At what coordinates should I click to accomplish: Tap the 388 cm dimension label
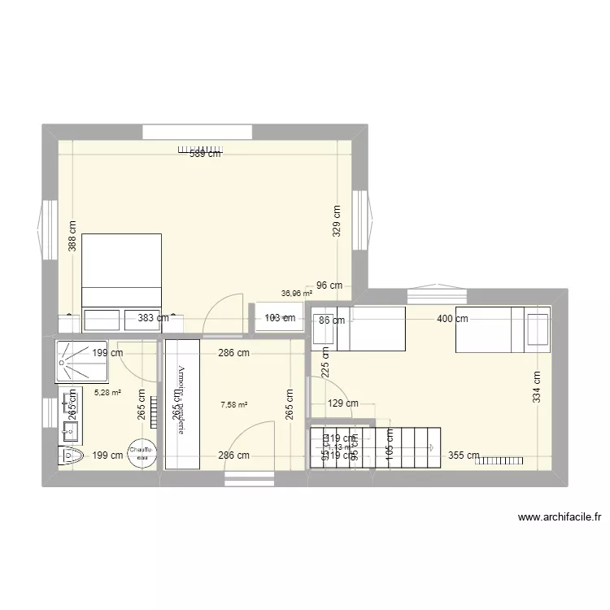72,237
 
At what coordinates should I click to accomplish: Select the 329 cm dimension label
338,220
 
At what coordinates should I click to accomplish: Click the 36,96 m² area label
297,294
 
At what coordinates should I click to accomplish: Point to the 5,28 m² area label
107,392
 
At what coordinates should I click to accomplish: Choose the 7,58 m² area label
234,404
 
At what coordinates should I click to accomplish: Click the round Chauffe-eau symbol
142,455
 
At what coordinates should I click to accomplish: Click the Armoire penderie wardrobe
181,404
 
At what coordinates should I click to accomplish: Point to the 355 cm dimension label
464,455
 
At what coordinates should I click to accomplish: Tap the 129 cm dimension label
342,403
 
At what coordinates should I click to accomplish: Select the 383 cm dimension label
153,320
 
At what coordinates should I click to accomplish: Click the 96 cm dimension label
329,285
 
